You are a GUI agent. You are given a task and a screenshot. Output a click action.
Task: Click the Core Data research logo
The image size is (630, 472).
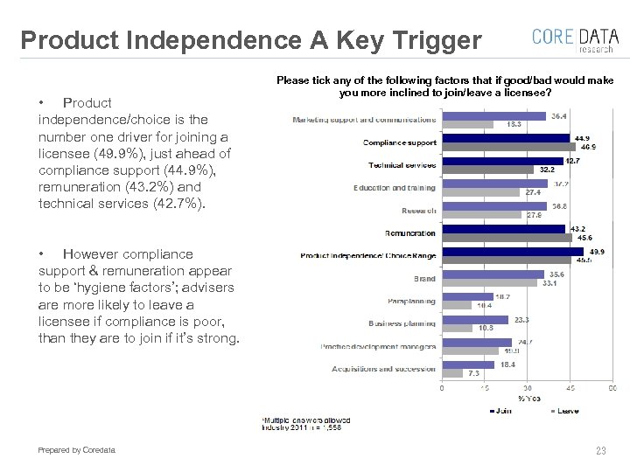point(574,40)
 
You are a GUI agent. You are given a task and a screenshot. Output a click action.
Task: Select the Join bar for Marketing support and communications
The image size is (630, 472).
point(494,115)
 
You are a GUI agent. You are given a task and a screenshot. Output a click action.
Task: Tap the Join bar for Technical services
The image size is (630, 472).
point(502,161)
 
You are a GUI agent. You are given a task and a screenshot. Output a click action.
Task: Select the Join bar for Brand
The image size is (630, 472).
point(492,274)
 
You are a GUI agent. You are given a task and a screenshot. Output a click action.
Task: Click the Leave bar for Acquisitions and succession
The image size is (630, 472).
point(451,373)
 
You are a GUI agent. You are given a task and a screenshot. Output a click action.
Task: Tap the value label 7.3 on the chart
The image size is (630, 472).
point(473,373)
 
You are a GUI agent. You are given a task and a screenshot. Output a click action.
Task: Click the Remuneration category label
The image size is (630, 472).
point(409,233)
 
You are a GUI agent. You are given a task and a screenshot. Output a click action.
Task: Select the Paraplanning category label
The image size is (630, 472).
point(412,302)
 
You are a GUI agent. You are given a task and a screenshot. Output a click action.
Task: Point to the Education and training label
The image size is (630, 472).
point(394,188)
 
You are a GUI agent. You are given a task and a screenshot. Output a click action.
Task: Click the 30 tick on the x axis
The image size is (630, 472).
point(527,388)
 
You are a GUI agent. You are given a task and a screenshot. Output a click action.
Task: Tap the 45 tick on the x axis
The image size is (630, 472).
point(570,388)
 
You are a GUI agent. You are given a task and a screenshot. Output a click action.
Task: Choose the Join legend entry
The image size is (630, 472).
point(501,409)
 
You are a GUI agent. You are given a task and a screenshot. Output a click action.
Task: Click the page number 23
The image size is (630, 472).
point(600,451)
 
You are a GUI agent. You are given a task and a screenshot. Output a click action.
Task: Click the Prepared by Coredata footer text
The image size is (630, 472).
point(76,450)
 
